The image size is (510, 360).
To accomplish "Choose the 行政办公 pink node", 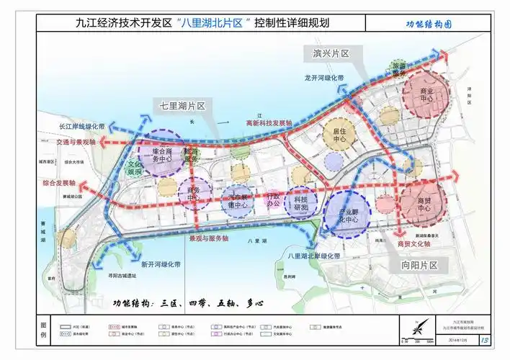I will pos(272,199).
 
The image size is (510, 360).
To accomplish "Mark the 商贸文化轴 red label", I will pos(413,245).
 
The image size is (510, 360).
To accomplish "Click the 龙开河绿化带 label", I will pos(324,77).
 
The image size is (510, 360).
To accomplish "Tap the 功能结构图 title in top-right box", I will pos(428,23).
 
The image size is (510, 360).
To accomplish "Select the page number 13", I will pos(484,339).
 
